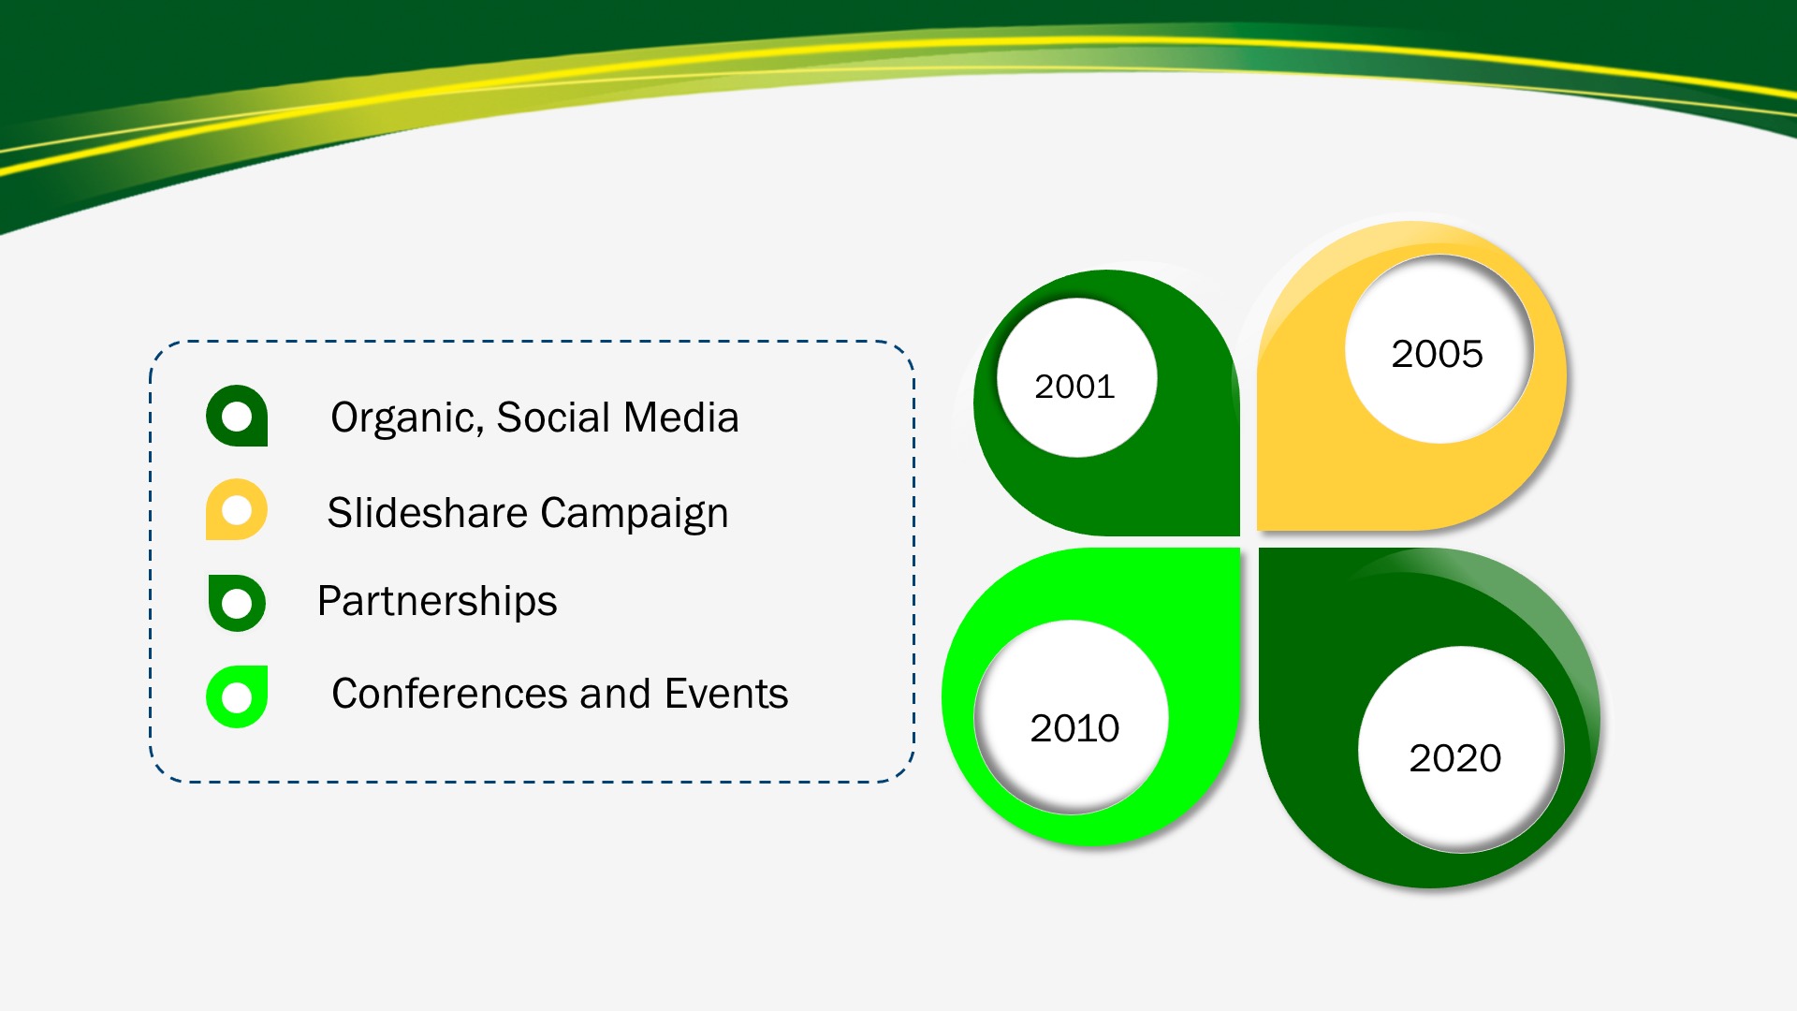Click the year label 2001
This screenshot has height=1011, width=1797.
pyautogui.click(x=1074, y=387)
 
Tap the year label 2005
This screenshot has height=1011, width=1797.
pyautogui.click(x=1437, y=354)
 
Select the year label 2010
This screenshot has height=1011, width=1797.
pyautogui.click(x=1074, y=728)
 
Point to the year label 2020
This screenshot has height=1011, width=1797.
pyautogui.click(x=1454, y=758)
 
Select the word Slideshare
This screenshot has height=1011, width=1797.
pyautogui.click(x=428, y=513)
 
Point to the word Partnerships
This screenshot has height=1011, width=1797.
pyautogui.click(x=437, y=601)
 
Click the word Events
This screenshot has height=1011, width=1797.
pyautogui.click(x=726, y=694)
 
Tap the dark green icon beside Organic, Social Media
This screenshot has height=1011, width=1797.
pyautogui.click(x=237, y=416)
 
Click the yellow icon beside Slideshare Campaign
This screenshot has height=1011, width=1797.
pyautogui.click(x=237, y=509)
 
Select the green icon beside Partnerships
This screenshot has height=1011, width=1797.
pyautogui.click(x=237, y=603)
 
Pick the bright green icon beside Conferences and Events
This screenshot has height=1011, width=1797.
pyautogui.click(x=237, y=696)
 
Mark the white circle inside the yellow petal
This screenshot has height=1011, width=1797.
pyautogui.click(x=1439, y=349)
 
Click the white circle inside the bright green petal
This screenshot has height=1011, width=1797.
pyautogui.click(x=1072, y=717)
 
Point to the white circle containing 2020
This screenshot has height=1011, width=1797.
pyautogui.click(x=1461, y=749)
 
